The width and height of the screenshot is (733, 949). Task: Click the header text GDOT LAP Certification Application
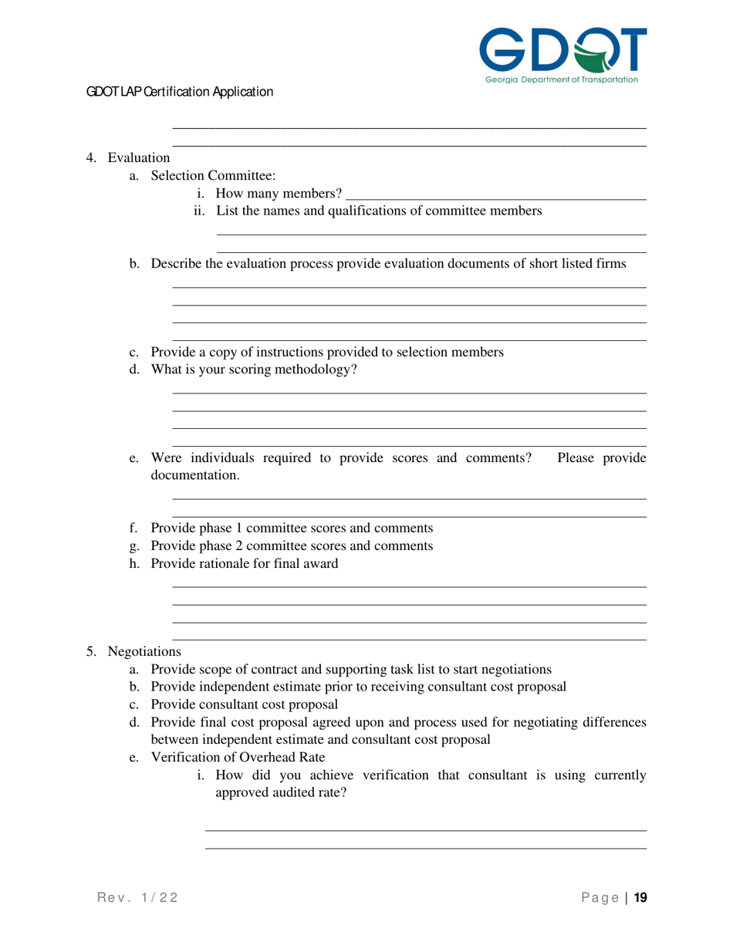coord(180,92)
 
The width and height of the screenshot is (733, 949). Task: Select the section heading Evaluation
coord(138,158)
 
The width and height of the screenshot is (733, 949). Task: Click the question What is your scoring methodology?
coord(254,370)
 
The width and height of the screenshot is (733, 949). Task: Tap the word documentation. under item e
coord(195,476)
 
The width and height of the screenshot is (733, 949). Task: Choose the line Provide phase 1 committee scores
coord(291,529)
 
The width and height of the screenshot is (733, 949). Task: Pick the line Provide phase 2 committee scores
coord(291,546)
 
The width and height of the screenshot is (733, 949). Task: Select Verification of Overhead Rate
coord(238,756)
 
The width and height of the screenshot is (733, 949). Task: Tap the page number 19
coord(640,897)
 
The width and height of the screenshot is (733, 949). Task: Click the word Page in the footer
coord(599,897)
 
